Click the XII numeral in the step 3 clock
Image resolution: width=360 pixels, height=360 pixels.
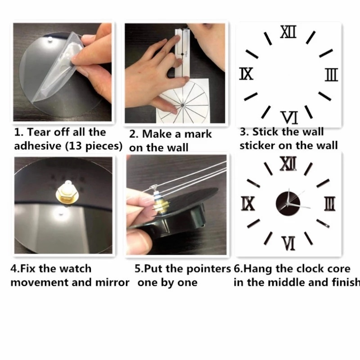(288, 31)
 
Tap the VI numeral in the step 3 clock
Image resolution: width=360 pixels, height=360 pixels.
(289, 117)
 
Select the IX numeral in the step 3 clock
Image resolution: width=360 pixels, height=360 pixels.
(246, 74)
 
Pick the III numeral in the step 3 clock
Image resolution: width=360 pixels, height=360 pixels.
(332, 75)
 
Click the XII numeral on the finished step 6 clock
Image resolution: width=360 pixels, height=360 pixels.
(288, 163)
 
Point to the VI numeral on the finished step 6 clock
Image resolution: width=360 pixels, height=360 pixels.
(288, 243)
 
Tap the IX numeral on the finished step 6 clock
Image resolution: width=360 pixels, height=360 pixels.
(248, 204)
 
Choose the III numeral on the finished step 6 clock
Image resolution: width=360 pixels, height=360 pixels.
(330, 204)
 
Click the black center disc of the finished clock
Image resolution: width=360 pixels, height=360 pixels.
(288, 204)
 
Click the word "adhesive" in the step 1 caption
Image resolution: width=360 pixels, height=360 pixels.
(38, 146)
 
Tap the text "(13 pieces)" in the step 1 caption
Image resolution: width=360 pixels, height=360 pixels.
(94, 146)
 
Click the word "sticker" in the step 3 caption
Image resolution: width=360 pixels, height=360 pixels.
(257, 145)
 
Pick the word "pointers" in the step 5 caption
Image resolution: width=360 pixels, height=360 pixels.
(208, 269)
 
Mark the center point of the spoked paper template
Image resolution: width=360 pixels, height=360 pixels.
(183, 105)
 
